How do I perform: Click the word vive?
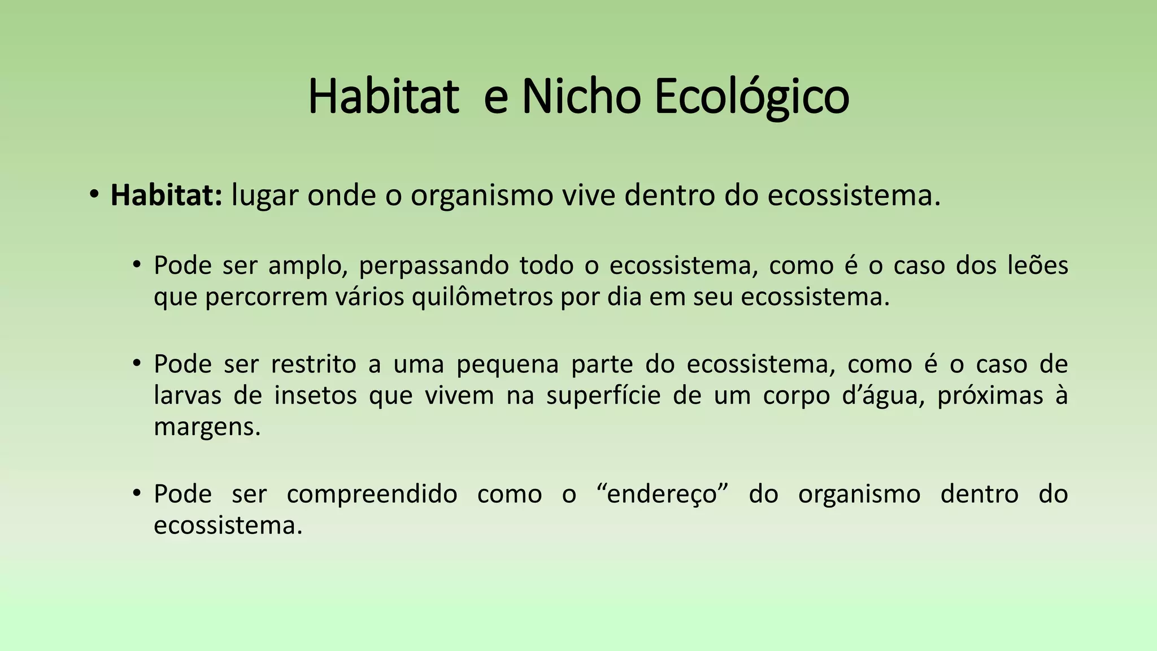588,196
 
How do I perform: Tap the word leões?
1038,265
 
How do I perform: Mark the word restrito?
314,364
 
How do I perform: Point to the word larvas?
188,395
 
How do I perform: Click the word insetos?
316,395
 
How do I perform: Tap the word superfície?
603,396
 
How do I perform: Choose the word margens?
207,427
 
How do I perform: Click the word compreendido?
372,494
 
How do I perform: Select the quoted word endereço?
662,494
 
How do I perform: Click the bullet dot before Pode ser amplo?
137,265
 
